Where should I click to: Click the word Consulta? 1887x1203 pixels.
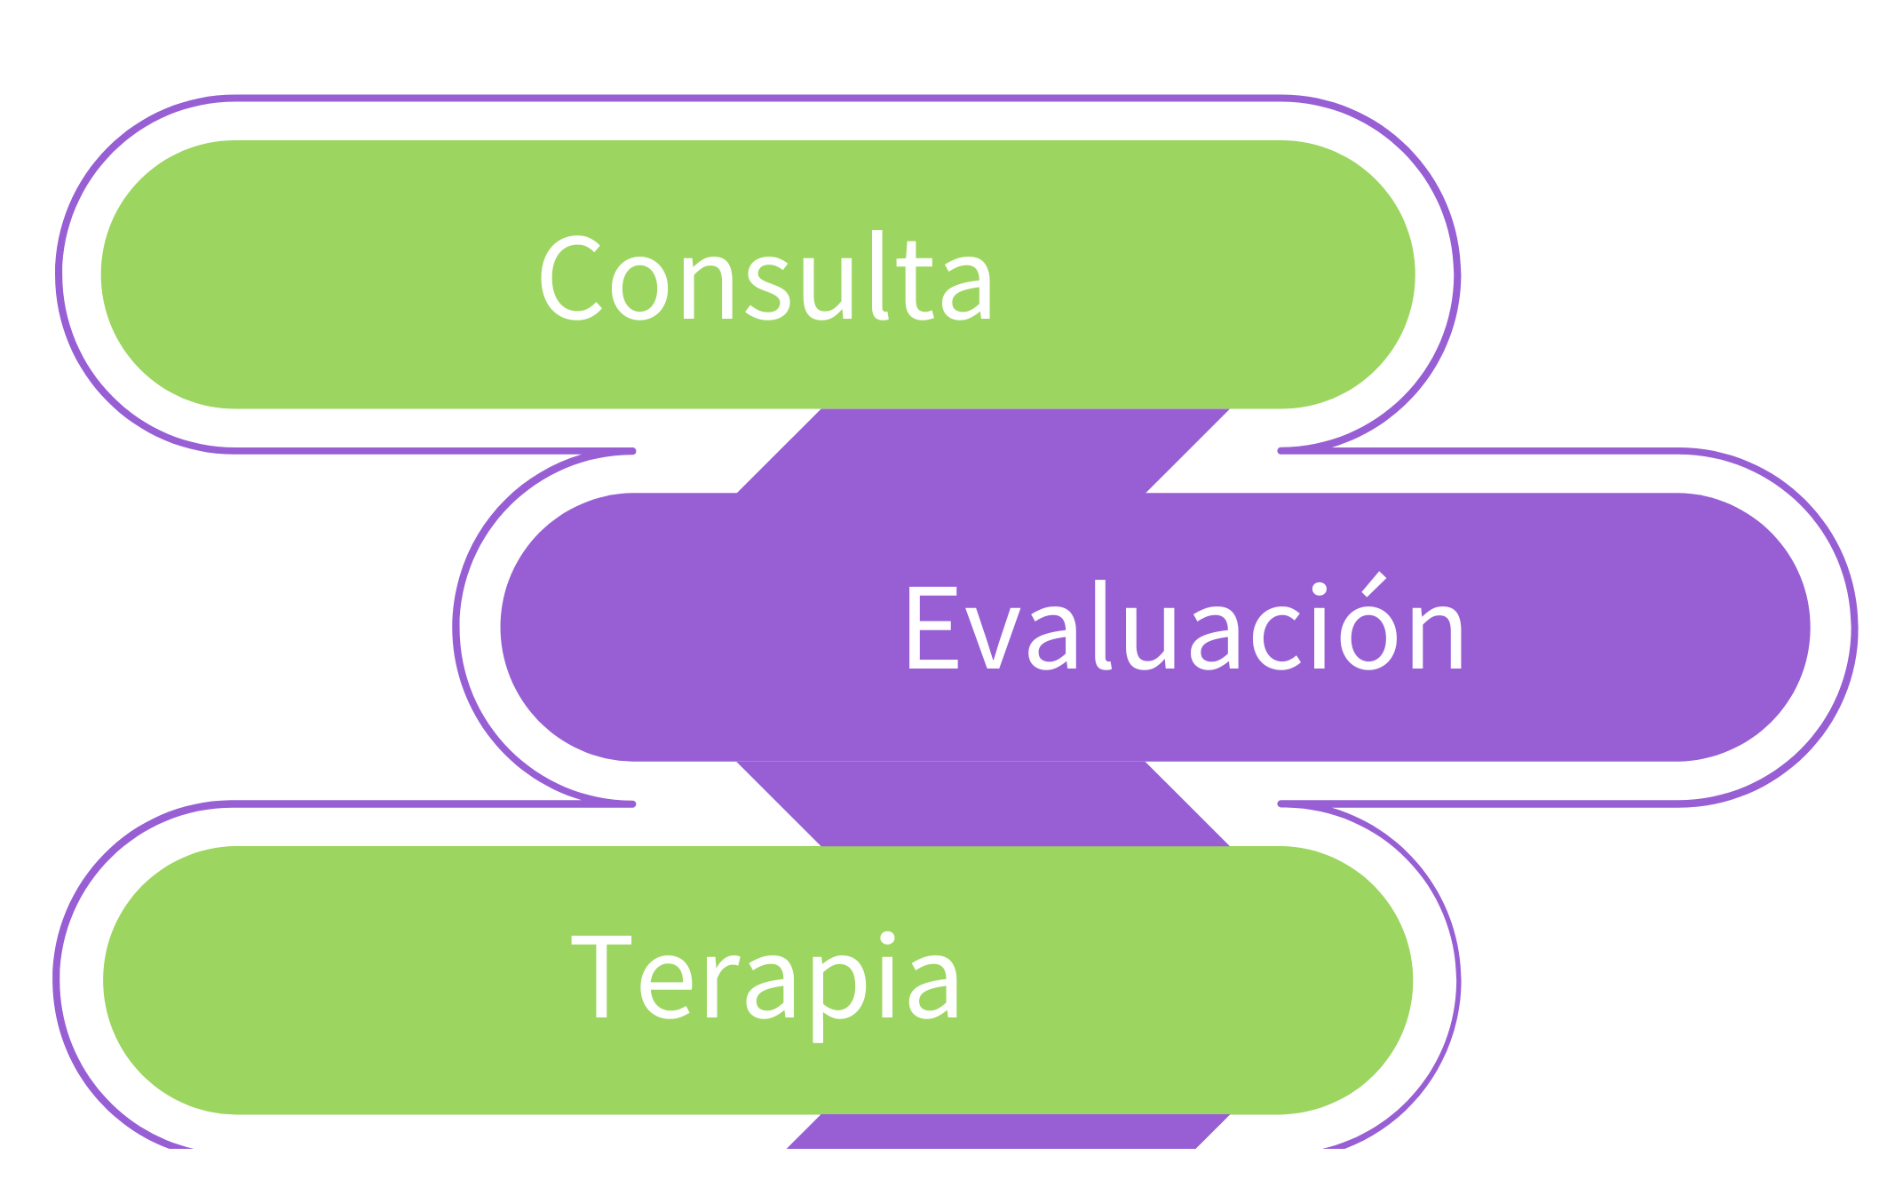765,277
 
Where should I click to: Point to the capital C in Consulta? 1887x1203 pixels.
568,277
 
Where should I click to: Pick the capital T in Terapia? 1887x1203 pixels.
601,977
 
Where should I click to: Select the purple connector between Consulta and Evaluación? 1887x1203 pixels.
984,451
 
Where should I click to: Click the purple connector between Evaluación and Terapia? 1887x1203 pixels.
984,803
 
